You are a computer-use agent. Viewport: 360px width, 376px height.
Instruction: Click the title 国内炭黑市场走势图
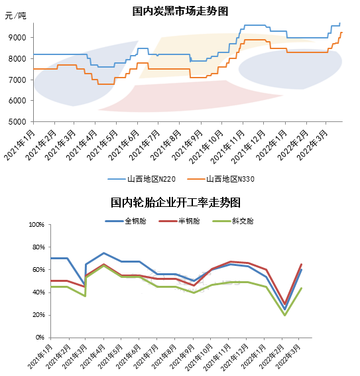pos(180,11)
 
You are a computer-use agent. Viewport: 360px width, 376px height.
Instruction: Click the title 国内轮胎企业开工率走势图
pos(176,203)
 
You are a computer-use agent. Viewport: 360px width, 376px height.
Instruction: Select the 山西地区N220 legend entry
pos(142,179)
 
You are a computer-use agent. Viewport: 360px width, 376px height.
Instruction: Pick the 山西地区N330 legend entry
pos(221,179)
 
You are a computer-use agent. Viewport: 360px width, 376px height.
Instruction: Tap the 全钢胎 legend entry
pos(125,221)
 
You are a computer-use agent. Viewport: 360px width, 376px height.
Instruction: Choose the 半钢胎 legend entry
pos(179,221)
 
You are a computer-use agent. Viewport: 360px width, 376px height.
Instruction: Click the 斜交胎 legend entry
pos(233,221)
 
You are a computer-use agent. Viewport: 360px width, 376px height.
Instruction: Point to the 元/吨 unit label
pos(15,16)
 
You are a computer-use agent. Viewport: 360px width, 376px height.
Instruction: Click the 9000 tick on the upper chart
pos(17,38)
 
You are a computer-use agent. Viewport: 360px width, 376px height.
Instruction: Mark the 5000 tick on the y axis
pos(17,122)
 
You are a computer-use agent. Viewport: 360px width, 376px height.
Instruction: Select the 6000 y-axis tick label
pos(17,101)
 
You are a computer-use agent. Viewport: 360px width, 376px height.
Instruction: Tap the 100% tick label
pos(36,225)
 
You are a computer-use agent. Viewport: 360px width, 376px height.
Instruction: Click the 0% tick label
pos(40,338)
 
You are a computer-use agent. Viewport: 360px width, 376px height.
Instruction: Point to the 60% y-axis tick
pos(38,270)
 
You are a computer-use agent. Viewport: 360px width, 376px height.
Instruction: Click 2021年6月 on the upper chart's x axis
pos(124,145)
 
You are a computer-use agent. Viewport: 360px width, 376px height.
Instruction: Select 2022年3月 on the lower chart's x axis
pos(288,356)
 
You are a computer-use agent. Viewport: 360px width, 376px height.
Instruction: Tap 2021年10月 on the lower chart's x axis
pos(199,357)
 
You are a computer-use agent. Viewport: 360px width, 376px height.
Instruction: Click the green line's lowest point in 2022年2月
pos(284,315)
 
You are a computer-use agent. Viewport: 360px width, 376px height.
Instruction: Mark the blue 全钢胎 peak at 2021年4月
pos(103,253)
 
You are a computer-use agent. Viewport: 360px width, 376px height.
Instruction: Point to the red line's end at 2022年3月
pos(301,264)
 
